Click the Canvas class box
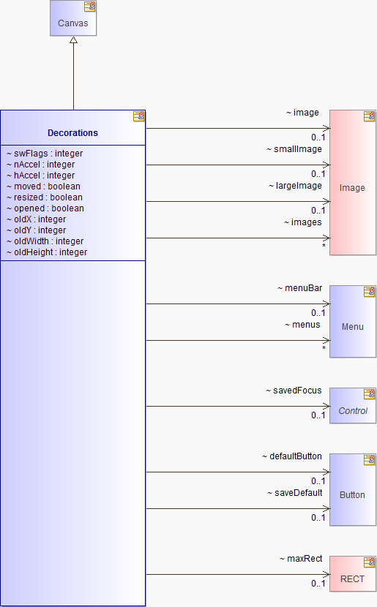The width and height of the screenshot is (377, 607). pos(73,18)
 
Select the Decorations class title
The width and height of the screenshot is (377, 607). pos(73,133)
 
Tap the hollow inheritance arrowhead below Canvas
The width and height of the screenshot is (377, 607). pos(73,40)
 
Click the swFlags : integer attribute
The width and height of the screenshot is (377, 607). pos(45,154)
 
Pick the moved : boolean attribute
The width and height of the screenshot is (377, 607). pos(43,186)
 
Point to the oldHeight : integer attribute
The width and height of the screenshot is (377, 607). pos(47,252)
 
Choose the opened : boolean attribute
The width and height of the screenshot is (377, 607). pos(45,208)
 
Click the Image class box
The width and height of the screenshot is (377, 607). pos(353,183)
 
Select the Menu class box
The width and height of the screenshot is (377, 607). pos(353,322)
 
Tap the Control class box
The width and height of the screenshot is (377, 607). pos(353,406)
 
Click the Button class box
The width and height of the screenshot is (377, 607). pos(353,490)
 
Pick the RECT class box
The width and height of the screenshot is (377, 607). pos(353,574)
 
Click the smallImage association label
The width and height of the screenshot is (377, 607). pos(294,149)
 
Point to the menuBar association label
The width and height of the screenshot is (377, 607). pos(300,288)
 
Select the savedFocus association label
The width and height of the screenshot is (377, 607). pos(294,391)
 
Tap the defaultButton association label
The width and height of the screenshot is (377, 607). pos(292,456)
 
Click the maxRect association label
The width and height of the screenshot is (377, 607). pos(301,559)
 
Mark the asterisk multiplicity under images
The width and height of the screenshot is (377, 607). pos(324,246)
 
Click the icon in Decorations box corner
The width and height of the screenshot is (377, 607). pos(138,116)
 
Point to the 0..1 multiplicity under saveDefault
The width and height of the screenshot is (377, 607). pos(318,518)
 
